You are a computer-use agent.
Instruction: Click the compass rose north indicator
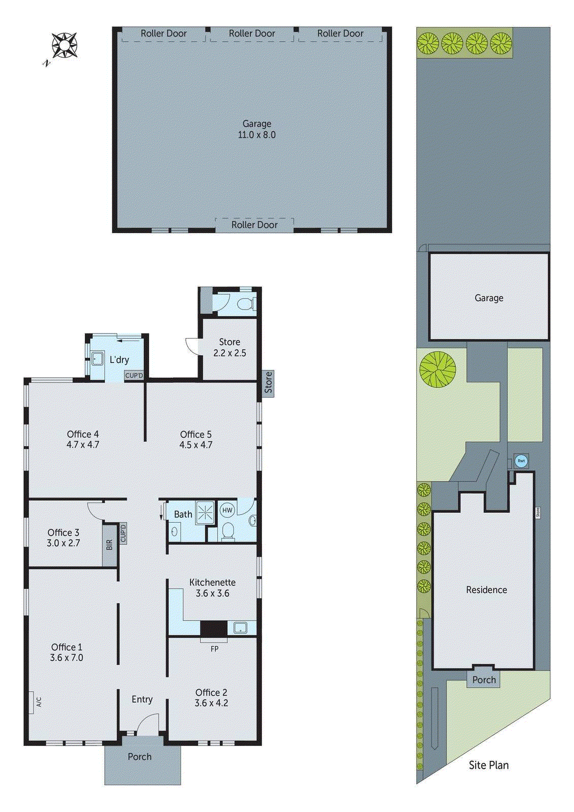pos(64,45)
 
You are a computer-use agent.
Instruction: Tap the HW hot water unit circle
pos(227,510)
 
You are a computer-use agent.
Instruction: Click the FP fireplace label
pos(214,649)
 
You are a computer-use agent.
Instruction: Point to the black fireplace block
pos(213,629)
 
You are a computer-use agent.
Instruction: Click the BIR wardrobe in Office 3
pos(110,545)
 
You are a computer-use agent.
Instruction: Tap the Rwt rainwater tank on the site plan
pos(521,461)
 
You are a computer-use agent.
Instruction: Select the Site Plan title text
pos(488,765)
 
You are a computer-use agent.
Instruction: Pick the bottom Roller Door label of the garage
pos(254,225)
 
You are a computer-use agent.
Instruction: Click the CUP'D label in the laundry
pos(134,376)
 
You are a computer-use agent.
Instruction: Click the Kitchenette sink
pos(240,628)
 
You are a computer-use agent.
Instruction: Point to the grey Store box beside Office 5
pos(268,383)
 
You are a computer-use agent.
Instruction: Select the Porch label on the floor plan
pos(140,757)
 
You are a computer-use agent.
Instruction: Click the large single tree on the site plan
pos(437,369)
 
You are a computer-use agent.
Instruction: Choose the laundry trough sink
pos(97,359)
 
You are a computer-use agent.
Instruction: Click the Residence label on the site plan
pos(486,590)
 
